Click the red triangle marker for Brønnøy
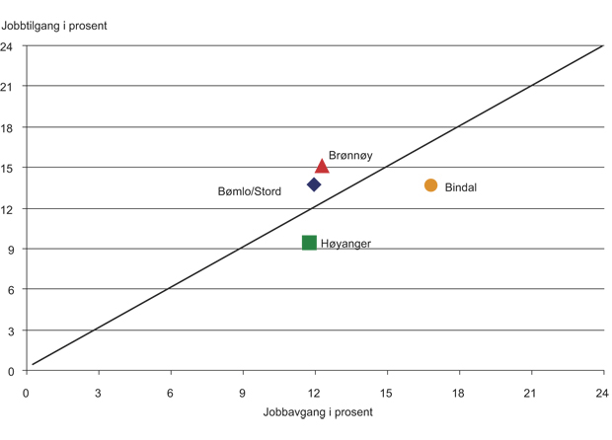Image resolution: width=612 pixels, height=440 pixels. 322,166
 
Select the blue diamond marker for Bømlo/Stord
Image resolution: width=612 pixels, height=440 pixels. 314,184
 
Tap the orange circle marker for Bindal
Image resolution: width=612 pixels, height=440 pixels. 430,185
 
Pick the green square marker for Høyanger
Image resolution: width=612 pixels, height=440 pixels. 309,243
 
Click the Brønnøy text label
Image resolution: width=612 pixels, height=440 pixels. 350,156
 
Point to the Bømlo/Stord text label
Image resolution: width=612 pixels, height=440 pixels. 249,191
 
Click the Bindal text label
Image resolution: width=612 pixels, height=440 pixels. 461,187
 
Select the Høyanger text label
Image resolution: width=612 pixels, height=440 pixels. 345,244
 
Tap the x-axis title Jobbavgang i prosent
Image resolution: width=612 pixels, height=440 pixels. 318,412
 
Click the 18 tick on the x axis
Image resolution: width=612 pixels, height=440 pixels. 459,392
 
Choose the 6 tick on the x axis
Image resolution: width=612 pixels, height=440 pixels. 171,392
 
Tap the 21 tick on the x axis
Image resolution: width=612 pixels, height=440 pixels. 531,392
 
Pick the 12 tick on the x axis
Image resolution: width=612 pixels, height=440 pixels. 315,392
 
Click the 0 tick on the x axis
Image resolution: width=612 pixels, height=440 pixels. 27,392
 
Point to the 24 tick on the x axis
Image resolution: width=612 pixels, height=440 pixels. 602,392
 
